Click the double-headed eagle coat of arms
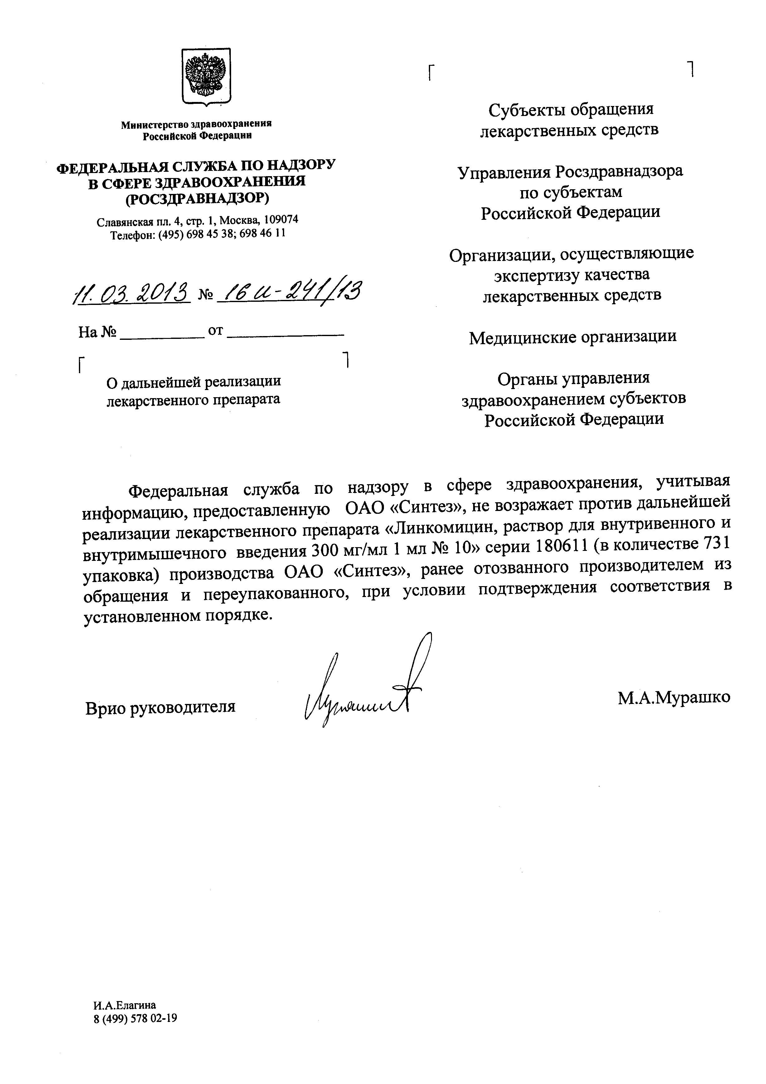(206, 75)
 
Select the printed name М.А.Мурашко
(673, 697)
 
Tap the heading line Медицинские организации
(572, 337)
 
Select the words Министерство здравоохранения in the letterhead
(196, 124)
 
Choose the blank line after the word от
(285, 334)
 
